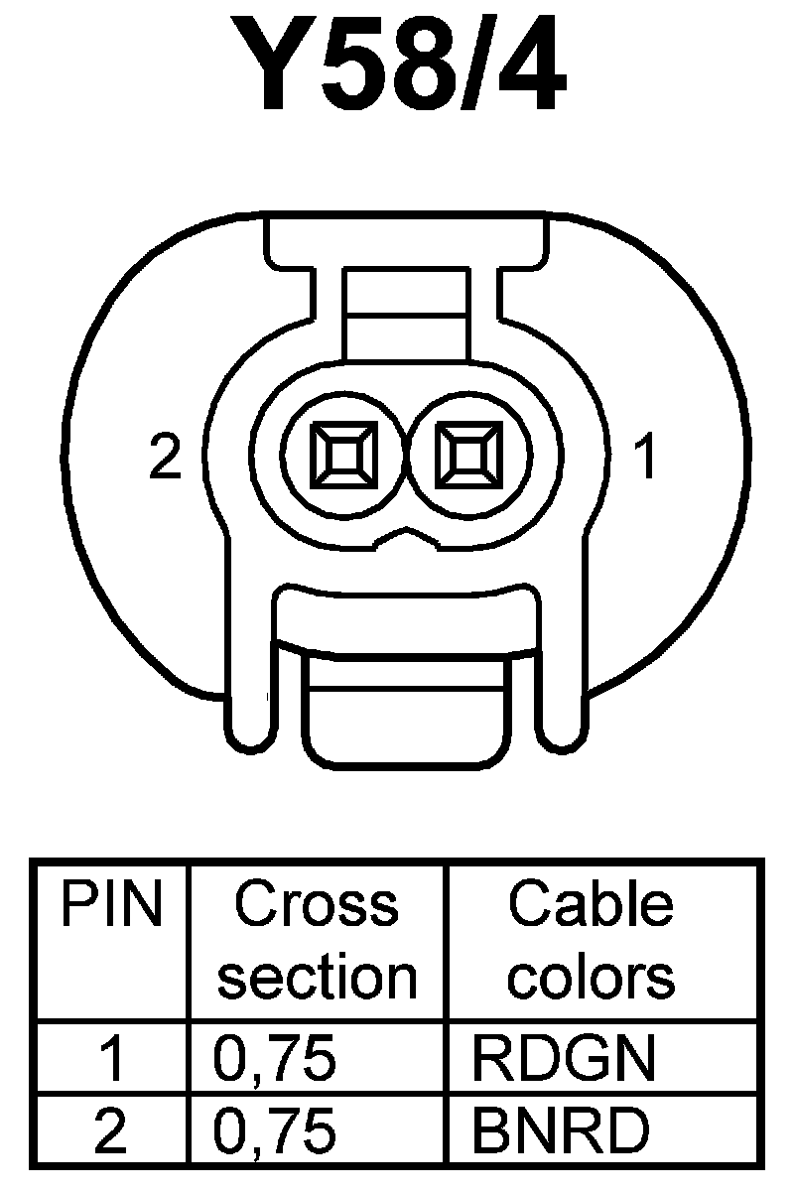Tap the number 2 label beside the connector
165,458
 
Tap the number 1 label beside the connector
646,458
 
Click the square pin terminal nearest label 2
343,458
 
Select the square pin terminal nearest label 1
466,458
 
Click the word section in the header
317,977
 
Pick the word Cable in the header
590,905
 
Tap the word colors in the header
591,977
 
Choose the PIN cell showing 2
112,1131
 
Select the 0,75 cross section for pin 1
275,1060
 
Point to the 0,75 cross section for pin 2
275,1131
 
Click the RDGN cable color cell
563,1060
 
